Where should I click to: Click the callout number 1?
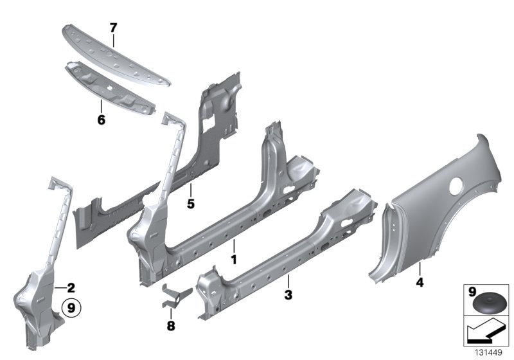(x=235, y=260)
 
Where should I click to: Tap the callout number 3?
(x=289, y=295)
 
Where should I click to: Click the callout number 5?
(x=190, y=204)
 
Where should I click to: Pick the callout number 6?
(x=101, y=120)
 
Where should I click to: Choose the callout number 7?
(x=113, y=27)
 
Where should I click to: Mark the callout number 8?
(x=170, y=326)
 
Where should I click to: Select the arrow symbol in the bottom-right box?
(x=486, y=334)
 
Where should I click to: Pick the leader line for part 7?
(x=113, y=40)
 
